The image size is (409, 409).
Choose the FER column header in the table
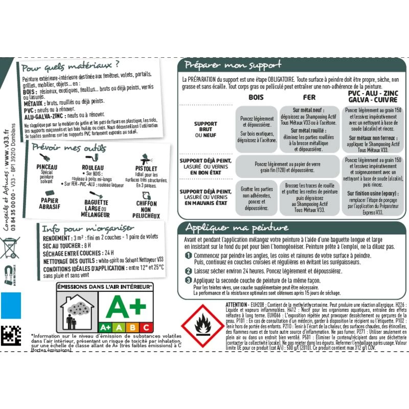pyautogui.click(x=309, y=97)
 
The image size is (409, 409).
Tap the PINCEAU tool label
pyautogui.click(x=48, y=167)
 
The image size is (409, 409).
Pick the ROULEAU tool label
pyautogui.click(x=93, y=167)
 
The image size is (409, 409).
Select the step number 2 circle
pyautogui.click(x=188, y=271)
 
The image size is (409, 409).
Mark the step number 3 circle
pyautogui.click(x=188, y=280)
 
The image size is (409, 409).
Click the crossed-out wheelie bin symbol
pyautogui.click(x=10, y=247)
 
